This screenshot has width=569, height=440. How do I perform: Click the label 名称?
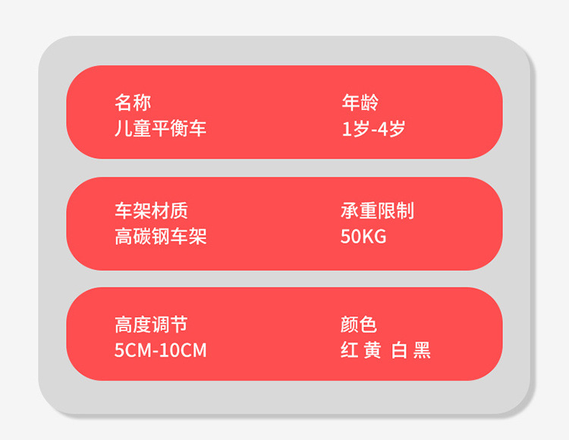coord(133,102)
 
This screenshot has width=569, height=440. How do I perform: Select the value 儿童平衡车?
coord(160,127)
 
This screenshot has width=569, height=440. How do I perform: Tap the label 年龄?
coord(360,102)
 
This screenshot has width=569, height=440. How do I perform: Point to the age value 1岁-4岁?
coord(373,127)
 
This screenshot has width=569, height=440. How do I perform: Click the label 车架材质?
coord(151,211)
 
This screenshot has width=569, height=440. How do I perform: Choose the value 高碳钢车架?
coord(160,237)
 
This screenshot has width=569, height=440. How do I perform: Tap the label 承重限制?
coord(377,211)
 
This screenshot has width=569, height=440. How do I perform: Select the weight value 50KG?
coord(363,237)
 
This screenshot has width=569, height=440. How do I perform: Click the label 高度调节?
coord(151,325)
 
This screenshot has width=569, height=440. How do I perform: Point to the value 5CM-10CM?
coord(160,350)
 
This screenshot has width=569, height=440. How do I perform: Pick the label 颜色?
coord(359,325)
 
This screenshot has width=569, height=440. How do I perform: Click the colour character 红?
coord(349,350)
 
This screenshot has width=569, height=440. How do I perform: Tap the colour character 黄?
coord(373,350)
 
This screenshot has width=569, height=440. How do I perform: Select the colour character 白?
coord(400,350)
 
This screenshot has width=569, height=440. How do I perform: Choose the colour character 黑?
coord(423,350)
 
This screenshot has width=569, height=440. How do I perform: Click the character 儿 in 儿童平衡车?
coord(123,127)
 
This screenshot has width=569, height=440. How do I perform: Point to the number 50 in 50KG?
coord(351,237)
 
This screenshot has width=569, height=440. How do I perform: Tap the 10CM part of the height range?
coord(185,350)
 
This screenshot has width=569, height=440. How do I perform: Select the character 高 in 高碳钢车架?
coord(123,237)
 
